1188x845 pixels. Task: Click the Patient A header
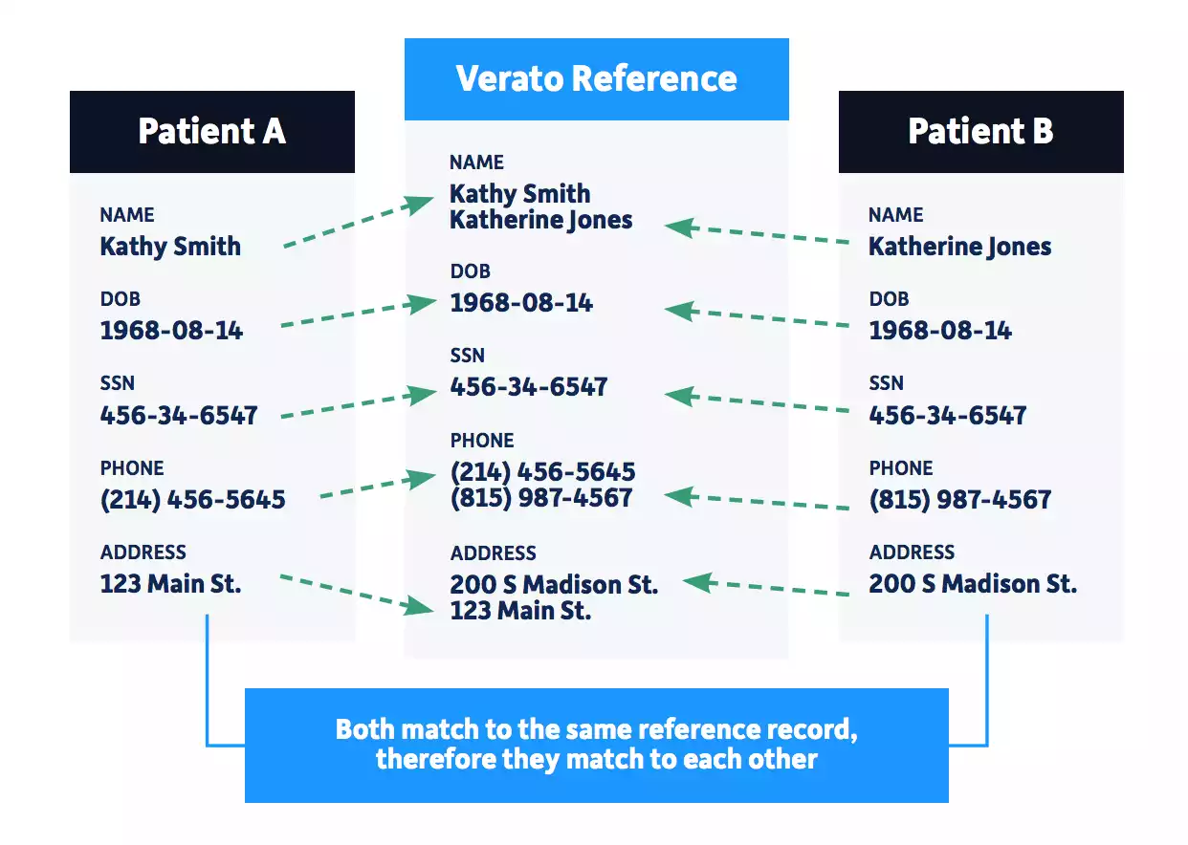click(211, 131)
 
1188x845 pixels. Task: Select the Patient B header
click(980, 131)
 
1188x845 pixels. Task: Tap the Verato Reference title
click(596, 78)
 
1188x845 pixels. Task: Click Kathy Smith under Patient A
click(170, 247)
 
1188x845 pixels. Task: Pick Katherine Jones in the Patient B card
click(959, 247)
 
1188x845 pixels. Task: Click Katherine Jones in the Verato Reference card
click(540, 220)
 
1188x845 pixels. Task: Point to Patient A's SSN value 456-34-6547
click(179, 416)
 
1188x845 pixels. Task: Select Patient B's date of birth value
click(940, 331)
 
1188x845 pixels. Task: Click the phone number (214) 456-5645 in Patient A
click(192, 500)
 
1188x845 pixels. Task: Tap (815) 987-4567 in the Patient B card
click(959, 500)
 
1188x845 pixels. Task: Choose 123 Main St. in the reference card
click(520, 611)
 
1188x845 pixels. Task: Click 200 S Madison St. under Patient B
click(973, 584)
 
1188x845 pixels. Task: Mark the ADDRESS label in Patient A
click(143, 552)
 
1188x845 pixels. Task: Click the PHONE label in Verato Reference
click(482, 441)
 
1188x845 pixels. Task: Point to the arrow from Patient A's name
click(359, 224)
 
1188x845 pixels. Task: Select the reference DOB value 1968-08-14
click(521, 303)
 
